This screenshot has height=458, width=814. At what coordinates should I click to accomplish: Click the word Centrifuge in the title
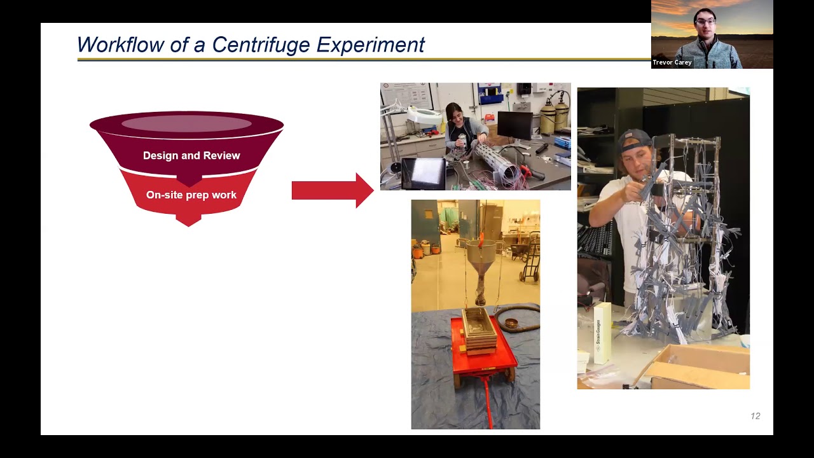point(261,45)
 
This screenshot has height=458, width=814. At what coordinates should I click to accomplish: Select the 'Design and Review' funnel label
point(191,156)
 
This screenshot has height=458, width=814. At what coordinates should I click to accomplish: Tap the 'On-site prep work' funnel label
point(191,195)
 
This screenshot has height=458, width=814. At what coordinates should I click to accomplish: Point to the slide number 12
point(755,416)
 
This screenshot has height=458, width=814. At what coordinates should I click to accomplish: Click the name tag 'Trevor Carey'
point(672,62)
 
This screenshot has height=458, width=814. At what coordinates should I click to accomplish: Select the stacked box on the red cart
point(479,331)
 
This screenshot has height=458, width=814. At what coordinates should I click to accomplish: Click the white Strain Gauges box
point(601,333)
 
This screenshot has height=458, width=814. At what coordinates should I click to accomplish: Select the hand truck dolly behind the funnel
point(529,261)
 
